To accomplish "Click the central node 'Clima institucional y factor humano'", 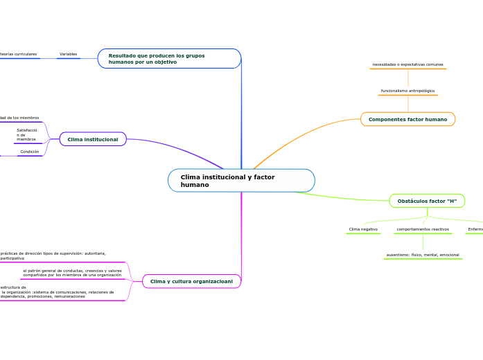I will point(241,181).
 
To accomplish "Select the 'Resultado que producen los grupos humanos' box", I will point(169,59).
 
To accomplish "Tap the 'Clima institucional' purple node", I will point(93,139).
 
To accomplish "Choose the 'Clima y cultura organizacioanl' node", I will point(191,281).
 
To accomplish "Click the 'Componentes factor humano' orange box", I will point(407,119).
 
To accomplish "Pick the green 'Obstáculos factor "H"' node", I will point(427,201).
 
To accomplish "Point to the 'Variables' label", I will point(68,54).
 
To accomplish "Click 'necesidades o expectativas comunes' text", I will point(407,64).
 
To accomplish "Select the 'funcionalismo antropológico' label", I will point(407,91).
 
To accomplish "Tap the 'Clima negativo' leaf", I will point(363,228).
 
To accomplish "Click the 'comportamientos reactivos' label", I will point(423,228).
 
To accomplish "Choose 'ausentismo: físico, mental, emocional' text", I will point(423,255).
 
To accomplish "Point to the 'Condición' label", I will point(30,152).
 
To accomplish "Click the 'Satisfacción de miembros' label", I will point(27,134).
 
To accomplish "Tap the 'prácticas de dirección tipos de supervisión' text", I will point(53,256).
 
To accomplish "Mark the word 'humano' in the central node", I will point(195,185).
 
